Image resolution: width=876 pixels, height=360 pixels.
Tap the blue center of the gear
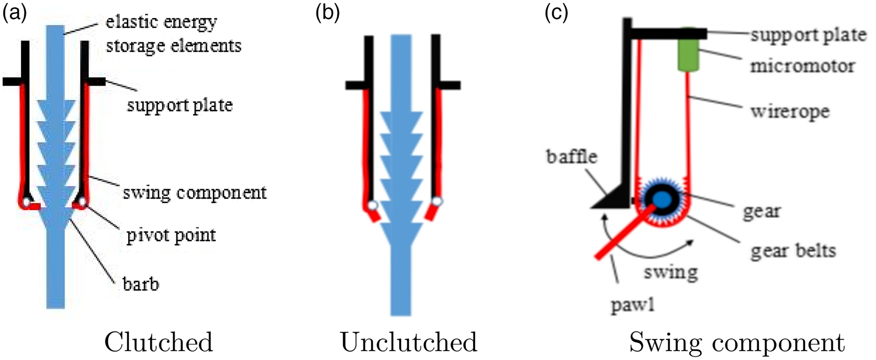click(x=661, y=199)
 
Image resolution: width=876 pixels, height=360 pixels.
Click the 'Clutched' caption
click(x=158, y=343)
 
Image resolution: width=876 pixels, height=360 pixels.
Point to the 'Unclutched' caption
click(x=409, y=343)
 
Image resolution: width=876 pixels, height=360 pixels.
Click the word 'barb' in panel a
click(x=141, y=284)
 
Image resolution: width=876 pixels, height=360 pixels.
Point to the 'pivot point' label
click(x=171, y=236)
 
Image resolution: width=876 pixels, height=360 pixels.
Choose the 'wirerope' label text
click(x=790, y=112)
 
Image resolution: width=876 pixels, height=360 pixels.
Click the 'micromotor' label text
click(x=802, y=66)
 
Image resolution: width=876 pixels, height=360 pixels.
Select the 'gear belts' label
click(x=793, y=251)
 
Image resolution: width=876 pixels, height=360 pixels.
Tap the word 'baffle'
click(x=572, y=157)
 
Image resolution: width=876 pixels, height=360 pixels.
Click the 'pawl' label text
click(x=632, y=305)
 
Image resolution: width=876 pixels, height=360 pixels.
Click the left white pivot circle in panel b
click(x=372, y=205)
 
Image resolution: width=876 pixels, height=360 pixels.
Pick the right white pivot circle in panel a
click(x=82, y=202)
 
